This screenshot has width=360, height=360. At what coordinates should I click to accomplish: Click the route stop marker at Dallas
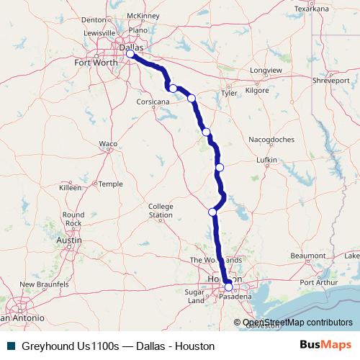(x=130, y=54)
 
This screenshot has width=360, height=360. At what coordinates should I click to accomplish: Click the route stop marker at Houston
(x=229, y=287)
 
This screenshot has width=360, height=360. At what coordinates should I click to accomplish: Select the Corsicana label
(x=153, y=102)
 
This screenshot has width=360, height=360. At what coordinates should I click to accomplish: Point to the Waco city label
(x=108, y=144)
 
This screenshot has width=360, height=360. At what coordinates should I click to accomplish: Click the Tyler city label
(x=230, y=93)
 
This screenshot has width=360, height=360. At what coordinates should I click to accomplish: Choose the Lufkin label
(x=268, y=161)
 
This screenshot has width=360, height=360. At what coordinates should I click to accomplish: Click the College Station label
(x=161, y=211)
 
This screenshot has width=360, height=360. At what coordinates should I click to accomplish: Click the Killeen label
(x=71, y=186)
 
